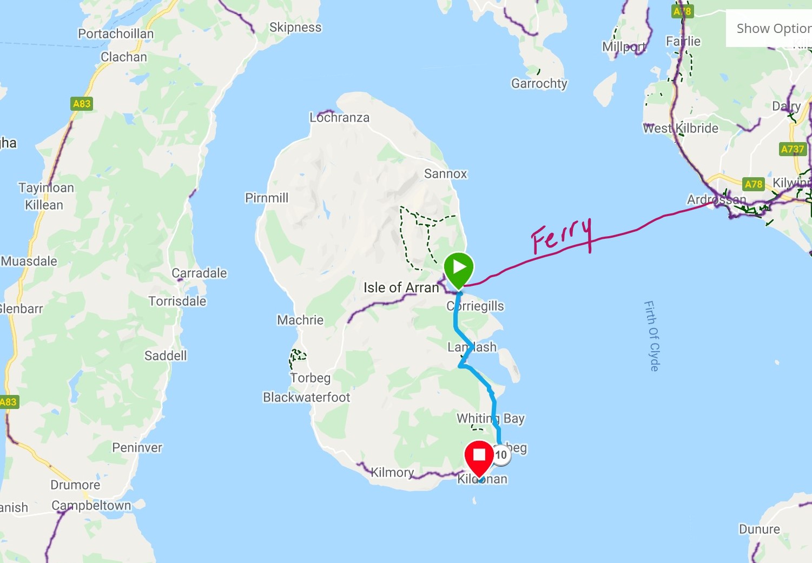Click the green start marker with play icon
[459, 267]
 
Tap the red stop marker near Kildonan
[479, 457]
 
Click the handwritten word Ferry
[561, 236]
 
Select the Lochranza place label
[339, 117]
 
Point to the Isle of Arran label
[401, 287]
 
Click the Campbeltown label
[91, 505]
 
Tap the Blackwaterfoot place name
[306, 397]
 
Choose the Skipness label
[295, 27]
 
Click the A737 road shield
[793, 149]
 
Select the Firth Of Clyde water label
[652, 336]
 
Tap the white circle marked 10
[501, 454]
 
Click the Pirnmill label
[267, 198]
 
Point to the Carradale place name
[199, 273]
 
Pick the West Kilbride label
[681, 128]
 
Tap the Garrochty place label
[539, 83]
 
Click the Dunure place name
[760, 529]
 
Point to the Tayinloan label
[46, 187]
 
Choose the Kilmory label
[392, 472]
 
